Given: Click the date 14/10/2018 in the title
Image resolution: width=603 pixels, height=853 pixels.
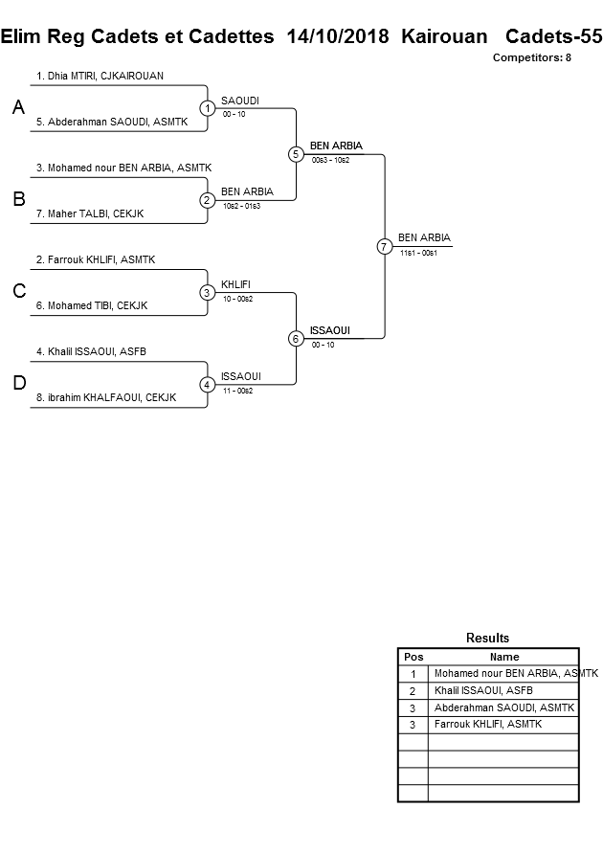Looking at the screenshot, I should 338,37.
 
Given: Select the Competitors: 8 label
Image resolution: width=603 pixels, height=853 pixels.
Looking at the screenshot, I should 531,57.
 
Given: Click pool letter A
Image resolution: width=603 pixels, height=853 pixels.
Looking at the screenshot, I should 18,108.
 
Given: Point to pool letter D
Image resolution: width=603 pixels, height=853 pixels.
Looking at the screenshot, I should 18,384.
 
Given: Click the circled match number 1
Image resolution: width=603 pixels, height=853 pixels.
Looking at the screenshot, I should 207,108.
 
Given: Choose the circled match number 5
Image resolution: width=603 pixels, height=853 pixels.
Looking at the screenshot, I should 296,154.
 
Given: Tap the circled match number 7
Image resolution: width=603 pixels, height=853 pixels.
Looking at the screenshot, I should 384,246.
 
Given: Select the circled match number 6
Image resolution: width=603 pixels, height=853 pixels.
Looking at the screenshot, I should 296,338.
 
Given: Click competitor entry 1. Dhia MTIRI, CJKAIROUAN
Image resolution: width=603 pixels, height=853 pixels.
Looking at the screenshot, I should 93,76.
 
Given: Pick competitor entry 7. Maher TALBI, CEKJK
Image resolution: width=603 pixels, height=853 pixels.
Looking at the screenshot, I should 90,213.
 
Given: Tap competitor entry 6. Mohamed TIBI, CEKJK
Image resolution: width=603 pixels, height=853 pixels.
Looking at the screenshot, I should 92,305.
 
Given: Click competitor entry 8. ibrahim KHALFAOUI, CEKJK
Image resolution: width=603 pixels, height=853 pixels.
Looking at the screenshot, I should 106,397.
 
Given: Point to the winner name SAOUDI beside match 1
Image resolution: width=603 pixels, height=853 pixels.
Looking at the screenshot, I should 240,101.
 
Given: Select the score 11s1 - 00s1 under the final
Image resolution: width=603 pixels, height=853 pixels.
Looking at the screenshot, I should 418,253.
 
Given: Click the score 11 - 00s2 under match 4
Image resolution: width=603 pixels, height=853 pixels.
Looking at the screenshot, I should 237,391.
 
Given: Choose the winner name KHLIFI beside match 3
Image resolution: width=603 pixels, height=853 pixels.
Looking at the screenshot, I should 236,284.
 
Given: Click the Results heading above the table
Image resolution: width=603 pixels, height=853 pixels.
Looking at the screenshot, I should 487,638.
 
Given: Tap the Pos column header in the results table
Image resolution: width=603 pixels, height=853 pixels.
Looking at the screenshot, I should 413,657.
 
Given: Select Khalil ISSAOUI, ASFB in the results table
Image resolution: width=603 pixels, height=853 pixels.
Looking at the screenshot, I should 483,690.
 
